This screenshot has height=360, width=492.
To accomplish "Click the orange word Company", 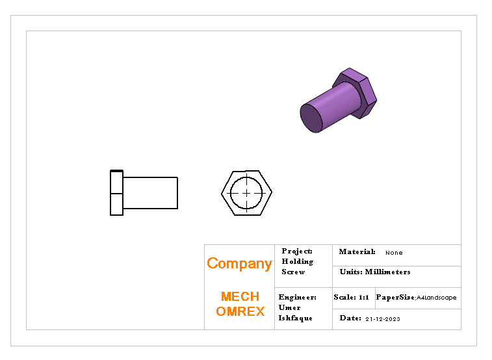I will tap(239, 263).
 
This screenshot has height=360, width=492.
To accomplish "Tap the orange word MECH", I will tap(240, 296).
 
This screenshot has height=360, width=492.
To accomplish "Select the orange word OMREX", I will tap(240, 311).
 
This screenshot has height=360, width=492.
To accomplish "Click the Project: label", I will tap(297, 251).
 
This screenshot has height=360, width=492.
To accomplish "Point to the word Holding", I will tap(297, 261).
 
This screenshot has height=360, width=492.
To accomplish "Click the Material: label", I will tap(357, 251).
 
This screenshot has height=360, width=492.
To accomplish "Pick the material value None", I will tap(394, 253).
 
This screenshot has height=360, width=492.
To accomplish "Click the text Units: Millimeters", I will tap(375, 272).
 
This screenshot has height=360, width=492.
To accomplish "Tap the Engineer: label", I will tap(297, 297).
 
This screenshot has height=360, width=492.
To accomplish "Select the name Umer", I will tap(289, 307).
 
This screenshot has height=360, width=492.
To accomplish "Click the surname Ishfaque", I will tap(295, 318).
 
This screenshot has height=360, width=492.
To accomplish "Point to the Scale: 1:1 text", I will tap(351, 297).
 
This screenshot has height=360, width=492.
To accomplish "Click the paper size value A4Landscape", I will tap(437, 298).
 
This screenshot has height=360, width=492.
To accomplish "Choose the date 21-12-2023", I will tap(382, 319).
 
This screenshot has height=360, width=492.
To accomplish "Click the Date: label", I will tap(350, 318).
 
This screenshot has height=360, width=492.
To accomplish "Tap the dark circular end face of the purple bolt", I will tap(312, 118).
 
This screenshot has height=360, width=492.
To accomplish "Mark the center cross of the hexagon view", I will tap(247, 193).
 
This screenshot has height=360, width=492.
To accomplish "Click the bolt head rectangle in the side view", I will tap(116, 193).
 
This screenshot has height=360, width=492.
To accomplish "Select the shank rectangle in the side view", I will tap(150, 193).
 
